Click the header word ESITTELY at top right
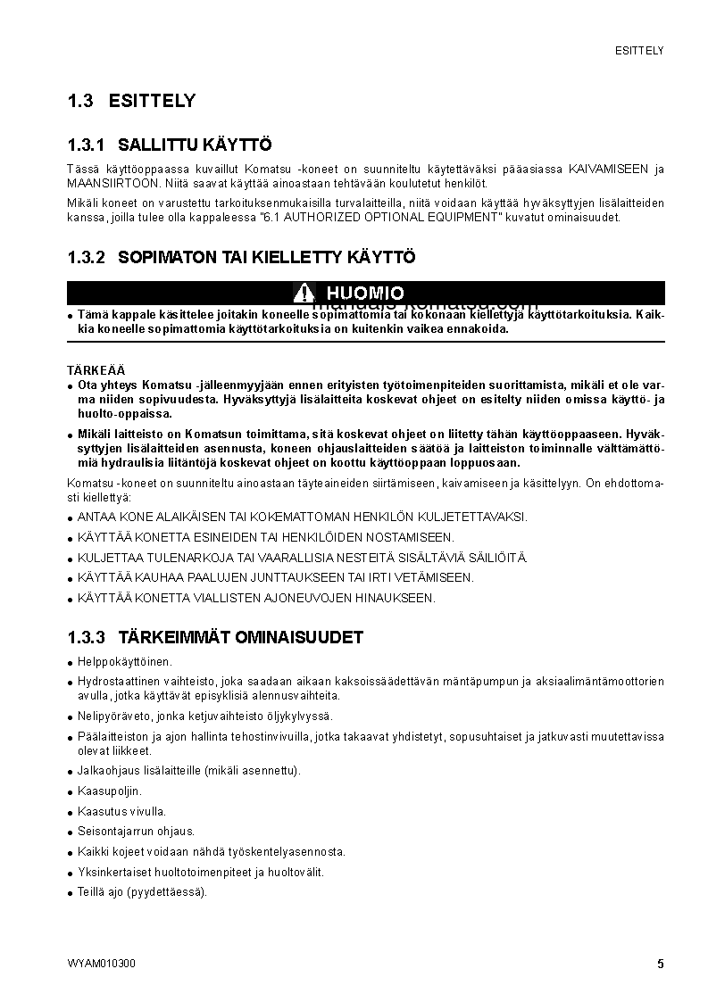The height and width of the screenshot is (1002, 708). pyautogui.click(x=639, y=51)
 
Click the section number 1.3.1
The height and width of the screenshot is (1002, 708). pyautogui.click(x=87, y=145)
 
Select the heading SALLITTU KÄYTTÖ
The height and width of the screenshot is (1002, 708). pyautogui.click(x=195, y=145)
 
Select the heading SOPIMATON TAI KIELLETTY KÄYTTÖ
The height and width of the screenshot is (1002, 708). pyautogui.click(x=267, y=257)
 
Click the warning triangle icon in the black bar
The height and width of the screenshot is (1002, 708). pyautogui.click(x=304, y=293)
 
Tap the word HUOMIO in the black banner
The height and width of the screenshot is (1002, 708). pyautogui.click(x=364, y=293)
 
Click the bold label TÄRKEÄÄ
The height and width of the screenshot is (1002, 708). pyautogui.click(x=96, y=369)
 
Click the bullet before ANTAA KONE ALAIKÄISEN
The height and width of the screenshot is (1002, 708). pyautogui.click(x=71, y=518)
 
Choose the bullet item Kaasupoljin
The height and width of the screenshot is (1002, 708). pyautogui.click(x=110, y=791)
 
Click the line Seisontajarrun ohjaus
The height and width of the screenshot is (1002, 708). pyautogui.click(x=136, y=831)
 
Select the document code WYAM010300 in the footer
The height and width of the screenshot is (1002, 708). pyautogui.click(x=101, y=964)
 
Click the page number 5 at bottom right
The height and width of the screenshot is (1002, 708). pyautogui.click(x=660, y=964)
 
